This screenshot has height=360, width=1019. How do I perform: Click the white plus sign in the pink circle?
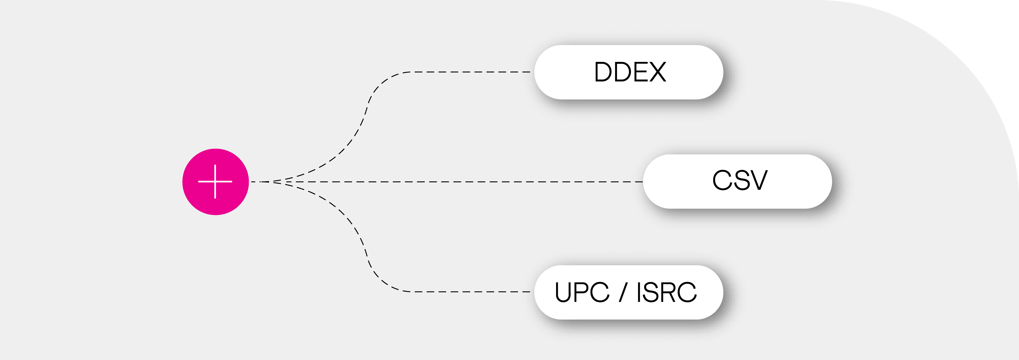point(215,182)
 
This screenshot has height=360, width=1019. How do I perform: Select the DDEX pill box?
point(629,72)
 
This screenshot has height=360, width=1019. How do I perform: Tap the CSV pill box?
point(737,181)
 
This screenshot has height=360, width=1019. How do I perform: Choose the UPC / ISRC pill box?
point(629,292)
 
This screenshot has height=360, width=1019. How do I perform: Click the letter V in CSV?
point(758,180)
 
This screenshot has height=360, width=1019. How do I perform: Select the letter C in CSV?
point(722,180)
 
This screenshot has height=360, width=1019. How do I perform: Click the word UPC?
point(581,292)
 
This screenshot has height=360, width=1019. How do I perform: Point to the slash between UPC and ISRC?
point(623,292)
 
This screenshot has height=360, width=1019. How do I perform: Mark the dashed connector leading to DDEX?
point(467,72)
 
